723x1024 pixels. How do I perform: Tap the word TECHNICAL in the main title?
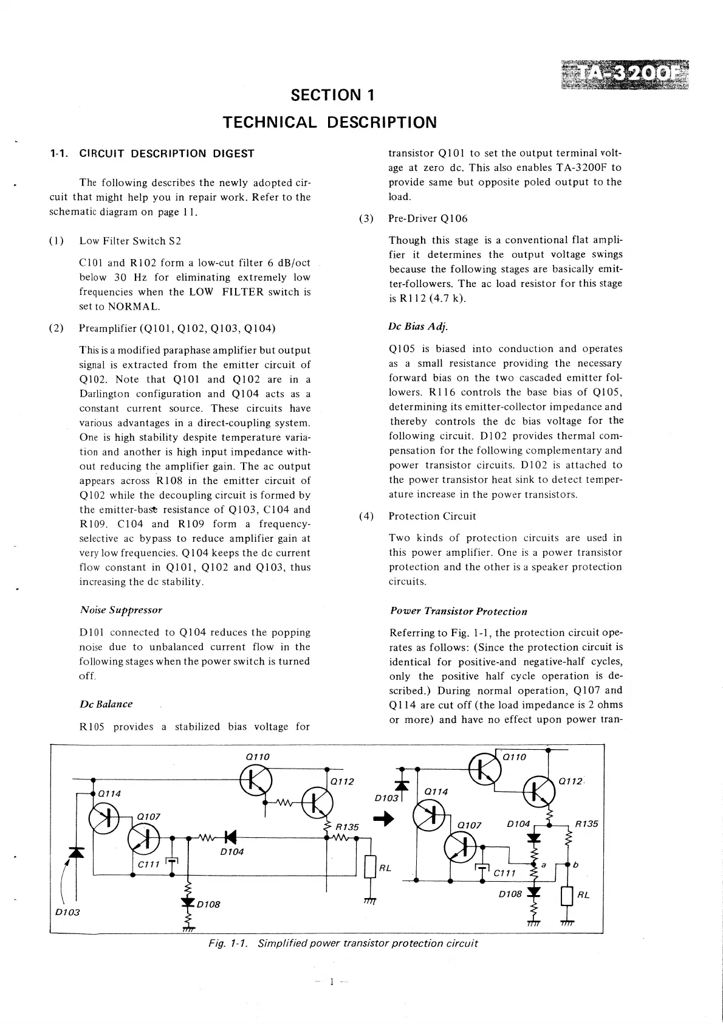270,122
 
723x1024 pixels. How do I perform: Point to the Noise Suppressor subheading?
121,609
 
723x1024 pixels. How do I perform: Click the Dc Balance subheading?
106,704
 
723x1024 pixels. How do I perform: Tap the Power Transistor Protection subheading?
458,611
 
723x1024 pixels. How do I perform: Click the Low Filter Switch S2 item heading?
130,241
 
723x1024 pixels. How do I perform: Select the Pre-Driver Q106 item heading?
428,219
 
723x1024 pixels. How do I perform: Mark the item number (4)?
366,516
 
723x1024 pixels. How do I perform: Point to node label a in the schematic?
543,864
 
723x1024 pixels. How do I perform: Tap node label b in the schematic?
575,864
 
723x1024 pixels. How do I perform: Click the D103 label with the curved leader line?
67,912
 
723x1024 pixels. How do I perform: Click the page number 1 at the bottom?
332,981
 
